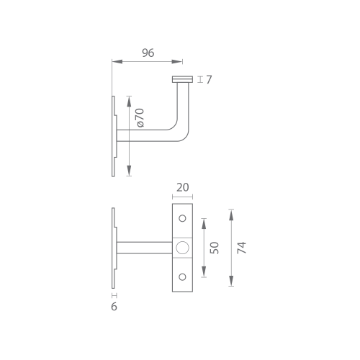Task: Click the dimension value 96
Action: (x=148, y=53)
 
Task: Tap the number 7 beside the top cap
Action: (x=209, y=80)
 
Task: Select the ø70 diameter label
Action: (x=140, y=117)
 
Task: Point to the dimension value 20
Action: (x=182, y=187)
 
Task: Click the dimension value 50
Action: (x=215, y=248)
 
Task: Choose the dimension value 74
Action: (x=242, y=248)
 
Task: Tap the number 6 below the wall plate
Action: (x=114, y=307)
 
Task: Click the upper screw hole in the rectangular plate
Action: (x=182, y=218)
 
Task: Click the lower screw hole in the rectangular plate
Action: (x=182, y=277)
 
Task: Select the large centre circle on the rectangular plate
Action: (x=182, y=248)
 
